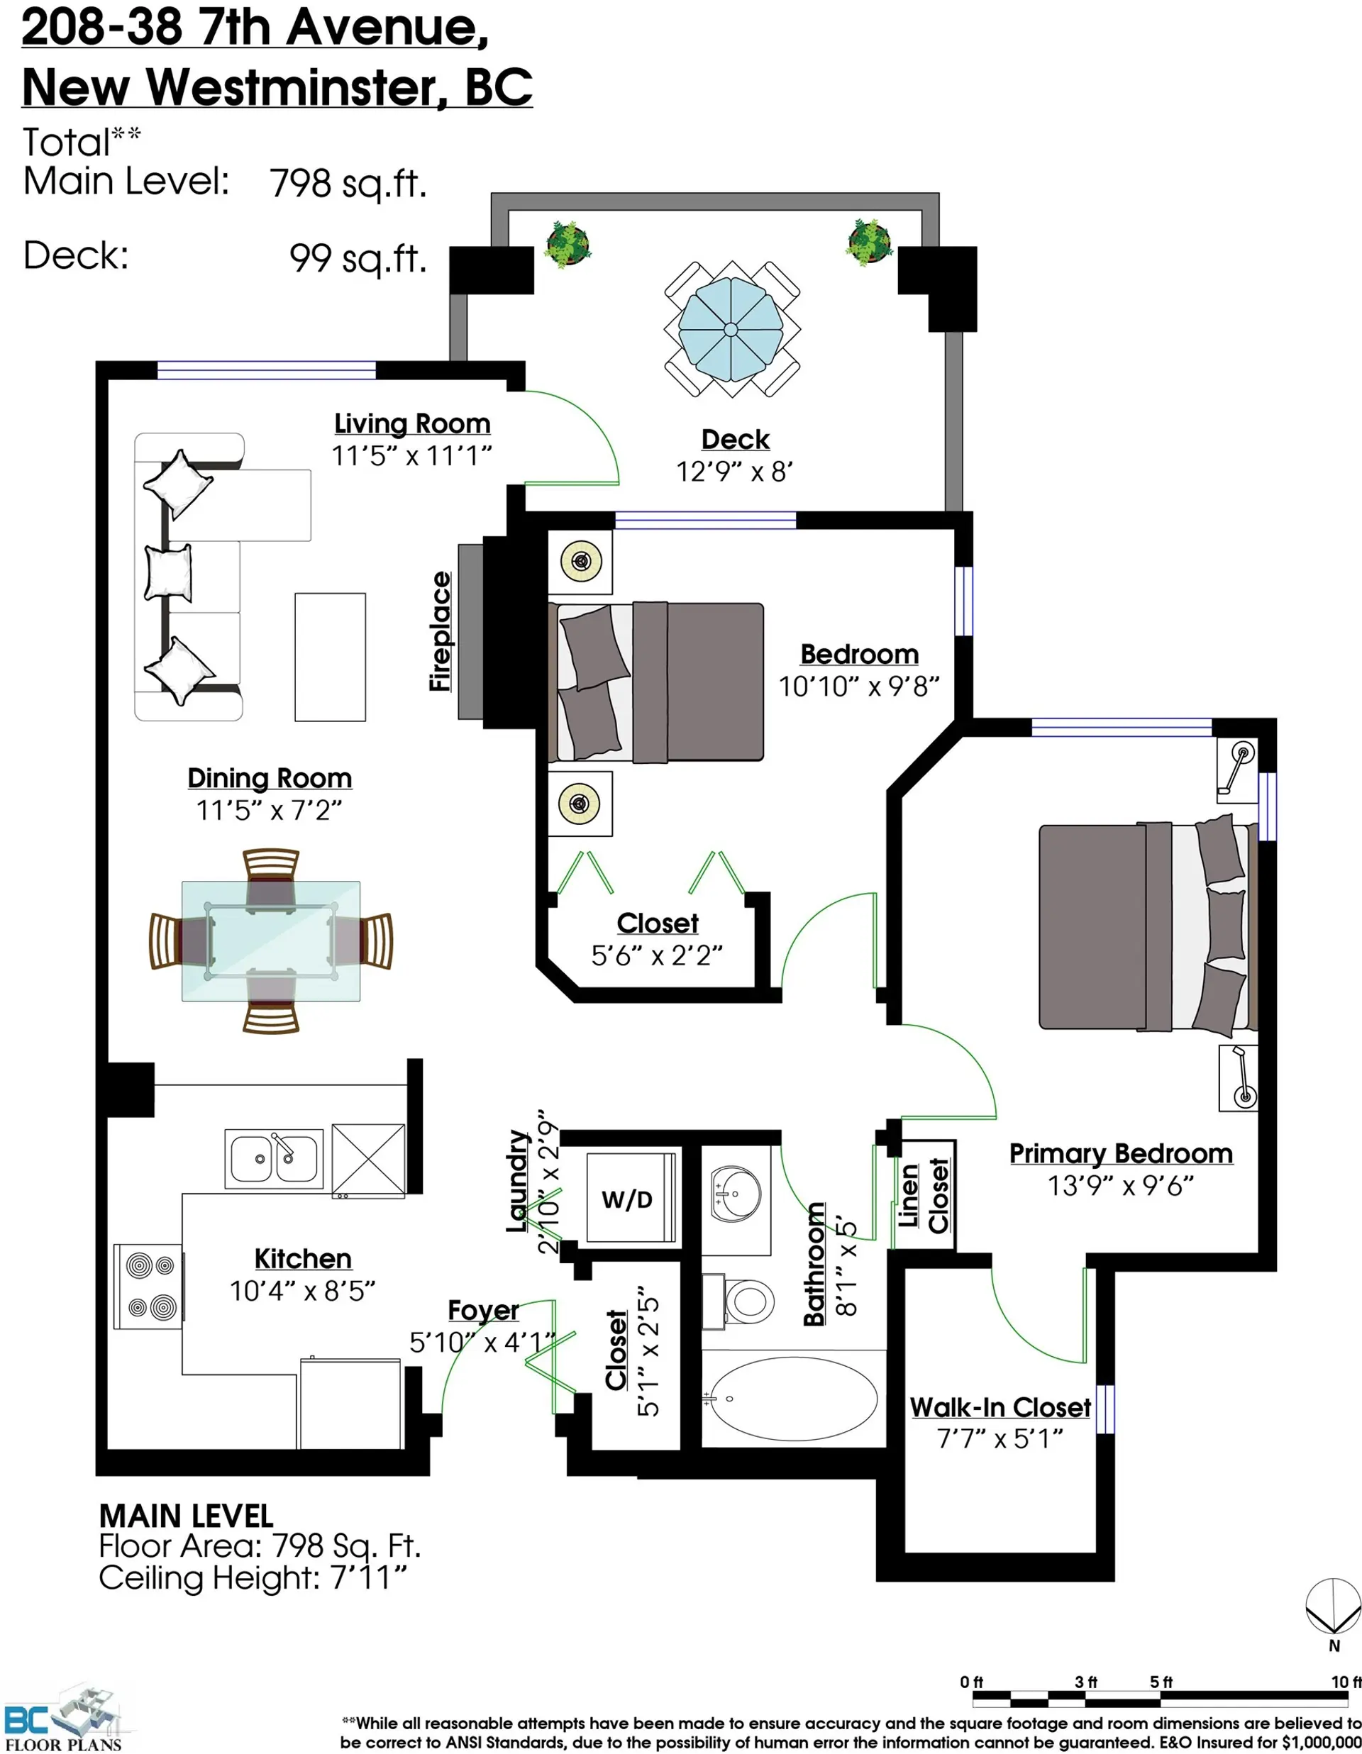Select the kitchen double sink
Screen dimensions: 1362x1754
click(274, 1159)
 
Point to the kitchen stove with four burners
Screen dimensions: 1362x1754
click(148, 1286)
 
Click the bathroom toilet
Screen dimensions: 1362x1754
click(739, 1299)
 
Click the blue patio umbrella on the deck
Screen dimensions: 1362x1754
click(731, 329)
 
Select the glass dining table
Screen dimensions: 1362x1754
click(271, 940)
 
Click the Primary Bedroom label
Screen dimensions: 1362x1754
click(1121, 1154)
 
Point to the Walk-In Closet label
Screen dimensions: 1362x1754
click(1000, 1407)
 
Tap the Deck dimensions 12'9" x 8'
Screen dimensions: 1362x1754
click(735, 471)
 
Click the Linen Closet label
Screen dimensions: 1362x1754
click(924, 1195)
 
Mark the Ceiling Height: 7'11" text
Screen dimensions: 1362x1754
click(253, 1578)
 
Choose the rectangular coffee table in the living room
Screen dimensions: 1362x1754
click(330, 657)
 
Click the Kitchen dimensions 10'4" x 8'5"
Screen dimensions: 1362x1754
click(303, 1291)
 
